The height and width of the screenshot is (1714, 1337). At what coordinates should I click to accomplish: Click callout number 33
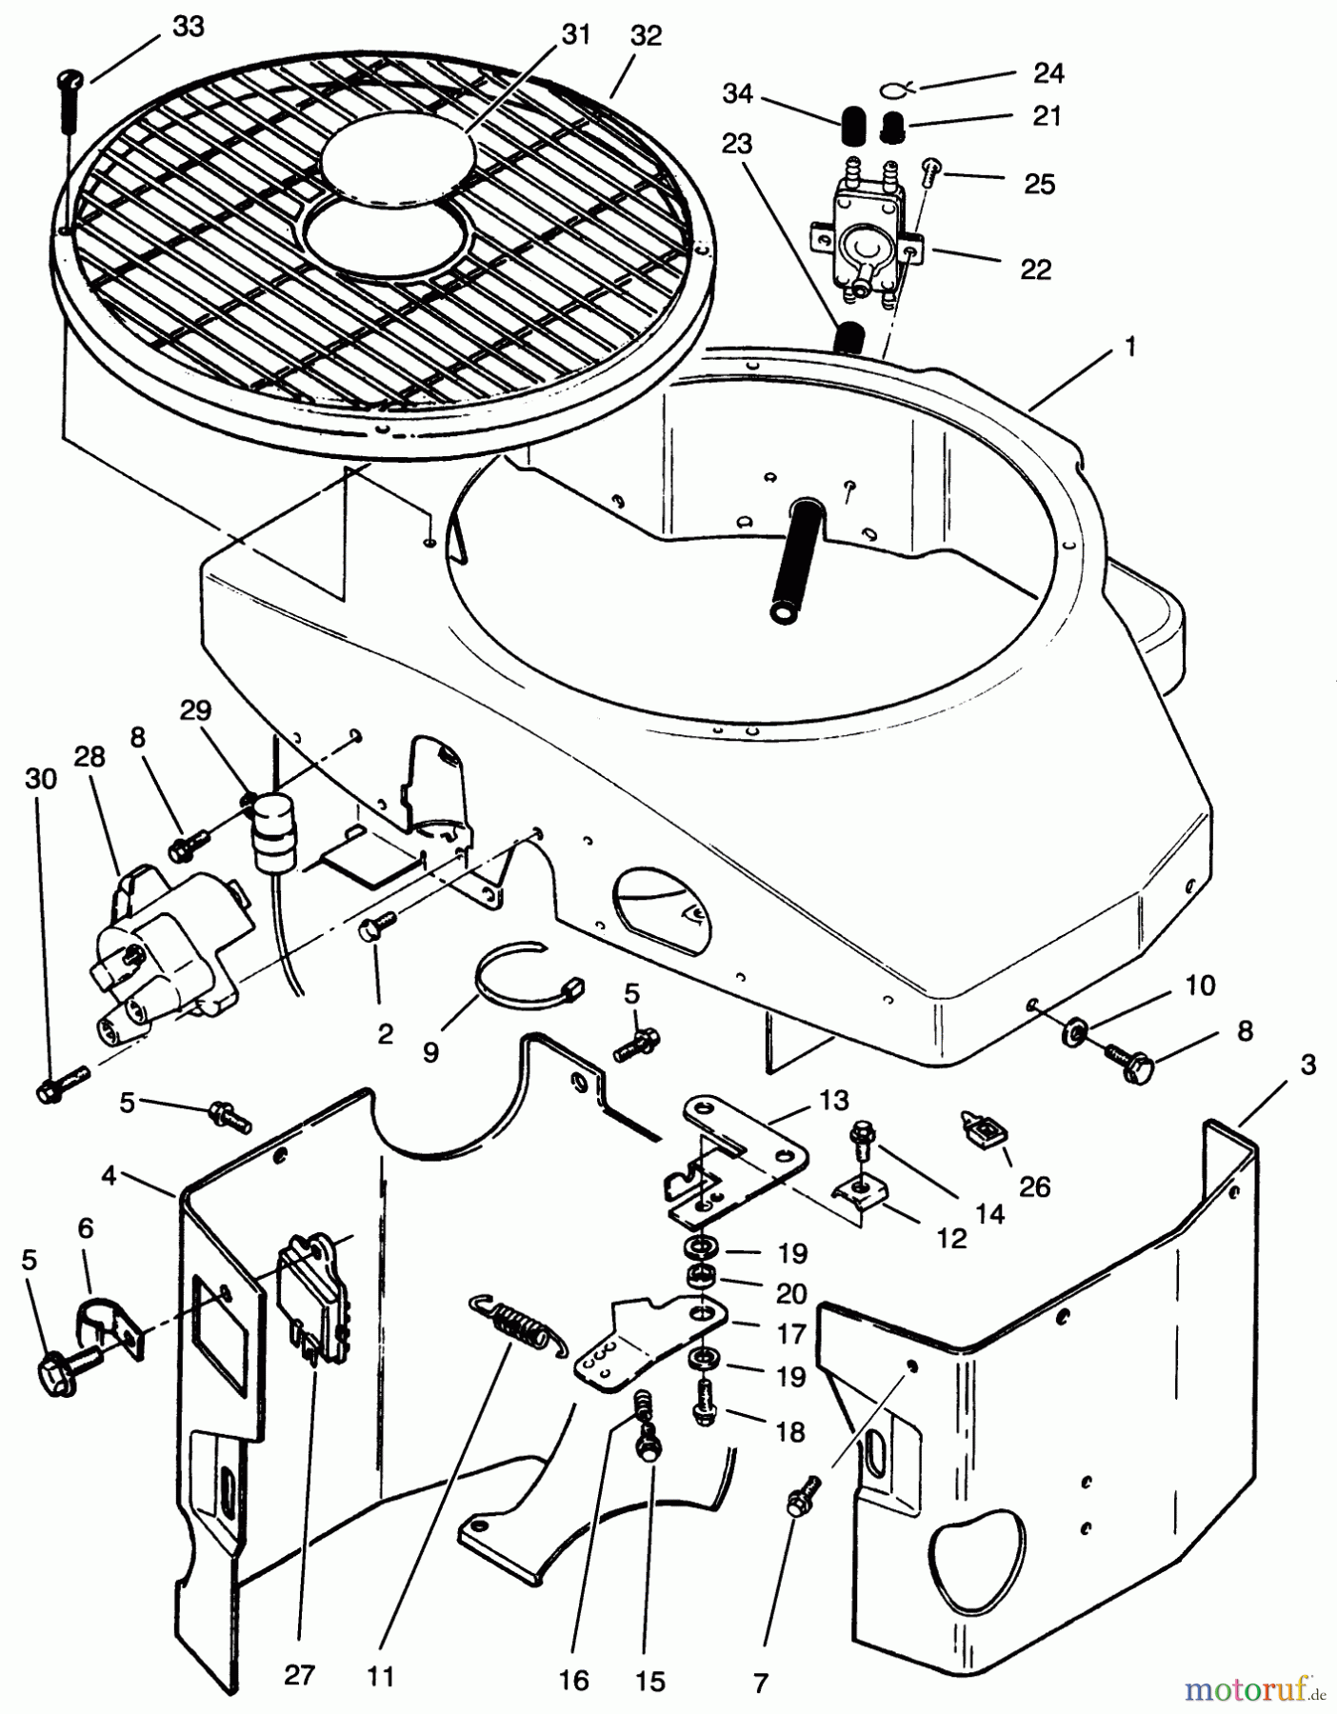coord(188,27)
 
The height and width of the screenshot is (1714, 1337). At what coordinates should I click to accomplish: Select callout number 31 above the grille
coord(575,35)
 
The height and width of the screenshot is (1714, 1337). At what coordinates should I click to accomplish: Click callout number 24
coord(1048,72)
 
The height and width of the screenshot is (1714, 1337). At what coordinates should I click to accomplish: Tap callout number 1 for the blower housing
coord(1129,348)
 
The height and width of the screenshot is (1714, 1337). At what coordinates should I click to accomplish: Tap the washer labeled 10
coord(1077,1031)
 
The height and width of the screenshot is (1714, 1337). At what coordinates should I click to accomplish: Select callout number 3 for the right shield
coord(1307,1064)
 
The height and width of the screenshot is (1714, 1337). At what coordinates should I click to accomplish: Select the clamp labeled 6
coord(106,1321)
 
